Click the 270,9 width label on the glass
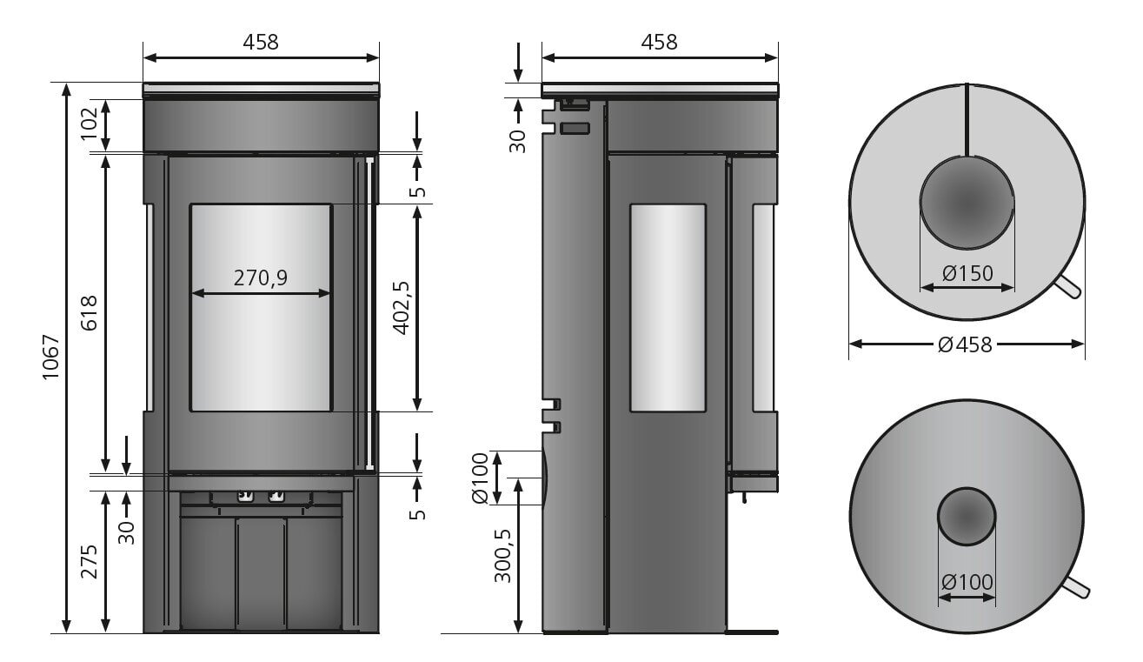[x=260, y=278]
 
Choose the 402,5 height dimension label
[x=401, y=307]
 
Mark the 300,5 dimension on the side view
[x=503, y=556]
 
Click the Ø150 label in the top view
[x=967, y=272]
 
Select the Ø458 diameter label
[x=966, y=344]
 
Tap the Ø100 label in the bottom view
[x=967, y=581]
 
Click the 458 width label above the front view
[x=261, y=42]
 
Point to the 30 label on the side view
[x=517, y=140]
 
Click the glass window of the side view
[x=667, y=307]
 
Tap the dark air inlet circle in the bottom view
[x=967, y=515]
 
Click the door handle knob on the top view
[x=1070, y=290]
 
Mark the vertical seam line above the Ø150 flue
[x=967, y=119]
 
